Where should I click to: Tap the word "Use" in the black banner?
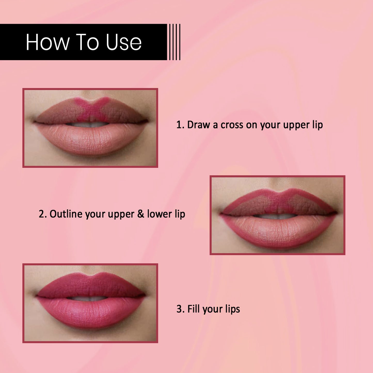pyautogui.click(x=124, y=42)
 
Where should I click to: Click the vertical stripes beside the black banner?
pyautogui.click(x=175, y=42)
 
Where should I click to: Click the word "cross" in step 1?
pyautogui.click(x=232, y=125)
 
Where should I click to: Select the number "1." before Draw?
pyautogui.click(x=180, y=124)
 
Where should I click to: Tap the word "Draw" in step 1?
pyautogui.click(x=199, y=124)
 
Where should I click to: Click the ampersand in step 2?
pyautogui.click(x=141, y=214)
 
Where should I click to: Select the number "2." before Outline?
pyautogui.click(x=43, y=214)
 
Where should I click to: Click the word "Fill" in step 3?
pyautogui.click(x=194, y=309)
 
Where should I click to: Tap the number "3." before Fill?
pyautogui.click(x=180, y=309)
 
